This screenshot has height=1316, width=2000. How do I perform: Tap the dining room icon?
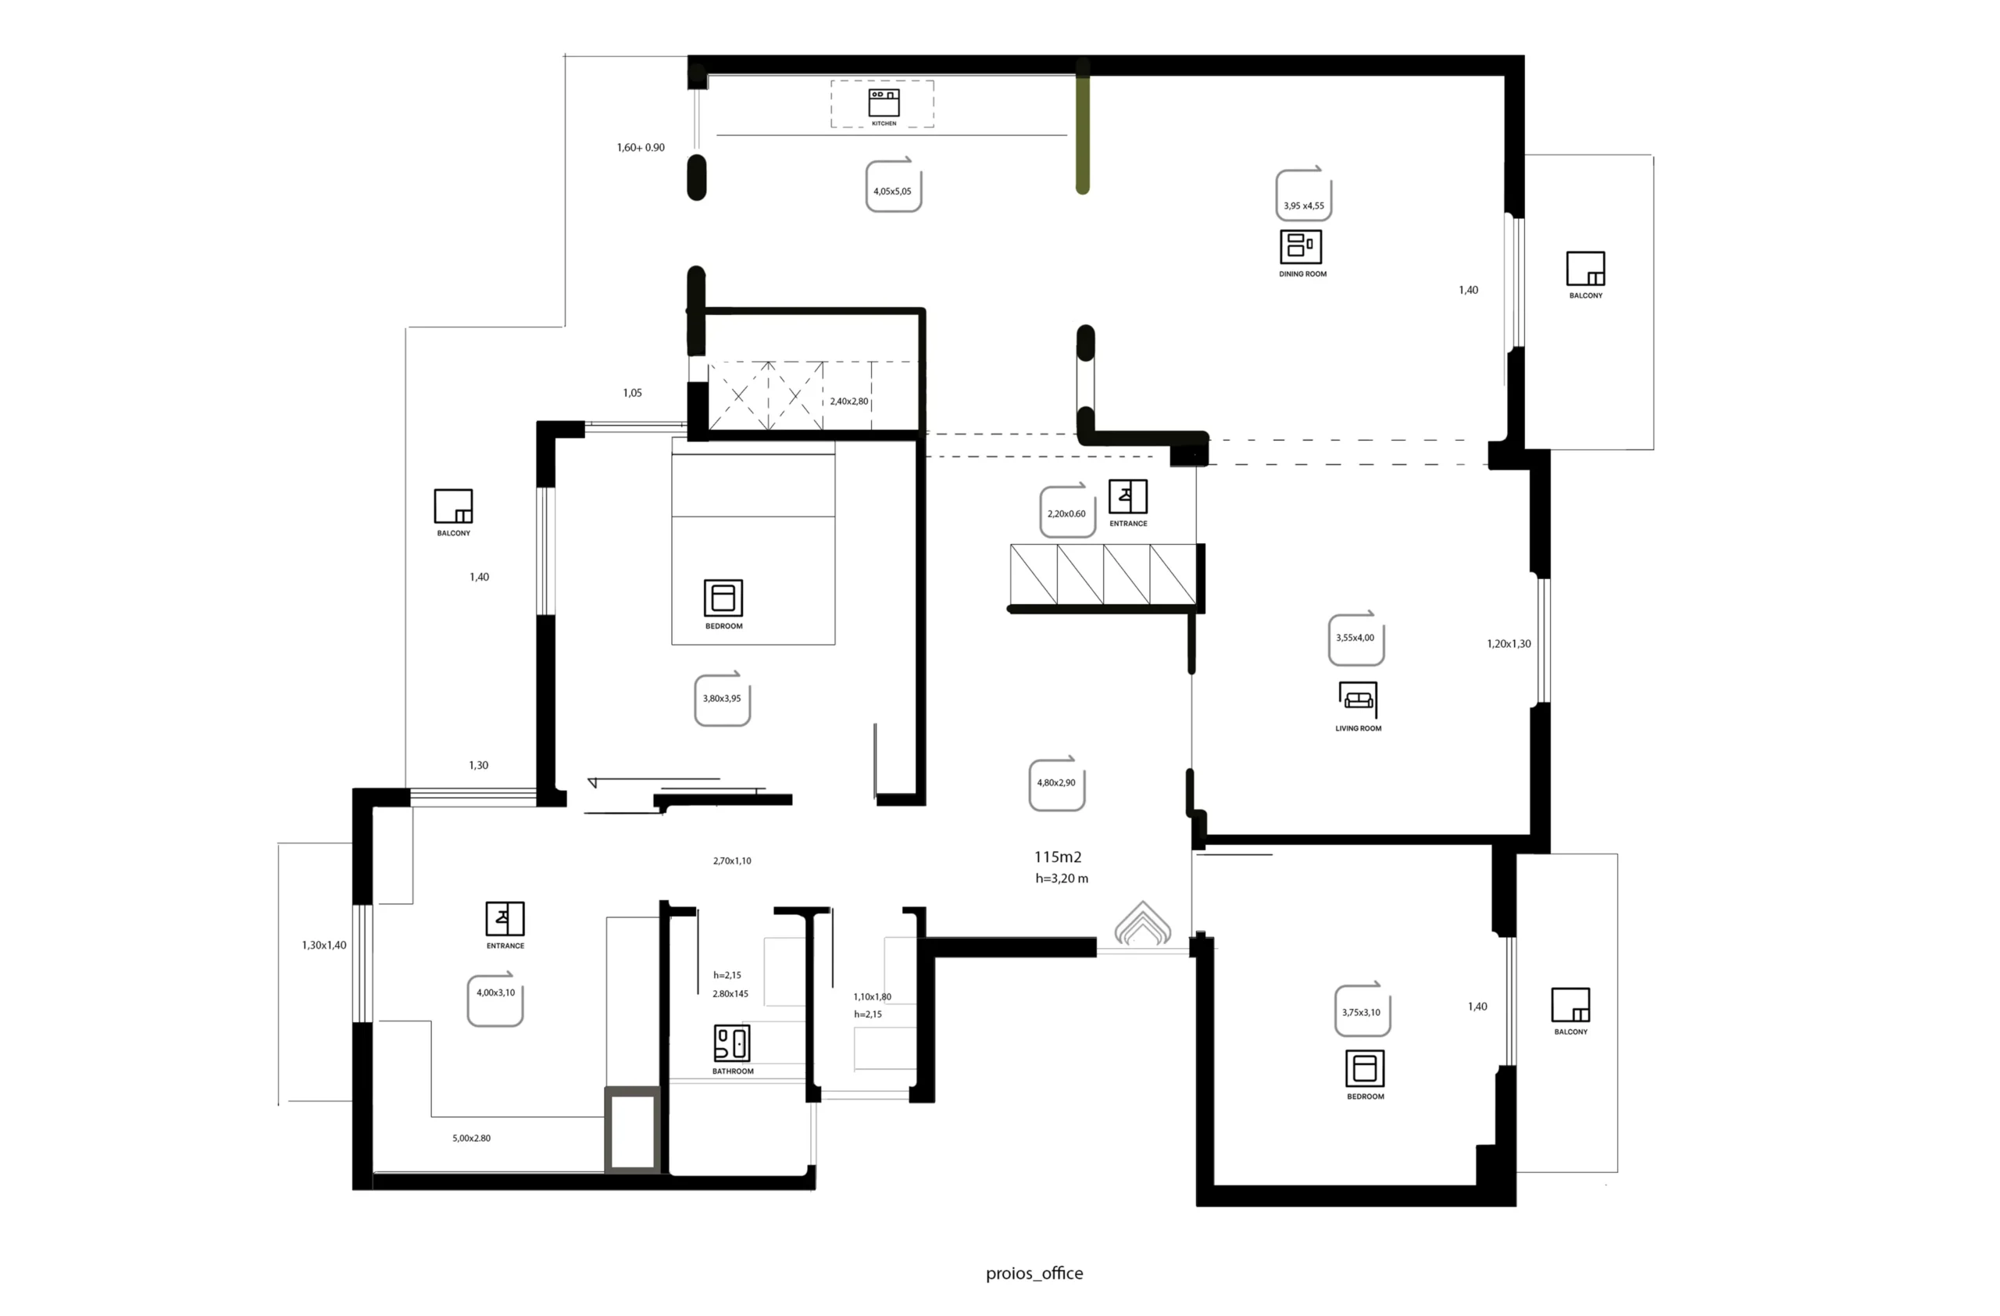1301,246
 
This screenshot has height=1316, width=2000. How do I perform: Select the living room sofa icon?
1357,699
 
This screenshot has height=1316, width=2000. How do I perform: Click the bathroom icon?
732,1043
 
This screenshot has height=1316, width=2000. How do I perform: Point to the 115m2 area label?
1057,857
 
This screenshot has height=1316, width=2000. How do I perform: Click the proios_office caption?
1034,1273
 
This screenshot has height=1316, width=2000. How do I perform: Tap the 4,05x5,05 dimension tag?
893,185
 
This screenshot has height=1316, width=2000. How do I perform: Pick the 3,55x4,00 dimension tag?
1355,638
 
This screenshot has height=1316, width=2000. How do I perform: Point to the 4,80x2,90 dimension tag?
1056,783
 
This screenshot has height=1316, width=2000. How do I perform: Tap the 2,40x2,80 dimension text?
848,402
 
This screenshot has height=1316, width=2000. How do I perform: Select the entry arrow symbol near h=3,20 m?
1142,924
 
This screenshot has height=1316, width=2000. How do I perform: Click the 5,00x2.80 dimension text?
471,1138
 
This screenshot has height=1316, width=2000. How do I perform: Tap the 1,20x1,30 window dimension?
1509,644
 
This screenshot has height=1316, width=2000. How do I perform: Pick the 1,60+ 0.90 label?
641,147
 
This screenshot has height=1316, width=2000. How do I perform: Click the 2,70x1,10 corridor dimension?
732,860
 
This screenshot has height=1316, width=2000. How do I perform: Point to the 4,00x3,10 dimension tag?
495,999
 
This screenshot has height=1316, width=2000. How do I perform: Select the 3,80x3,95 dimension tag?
722,699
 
